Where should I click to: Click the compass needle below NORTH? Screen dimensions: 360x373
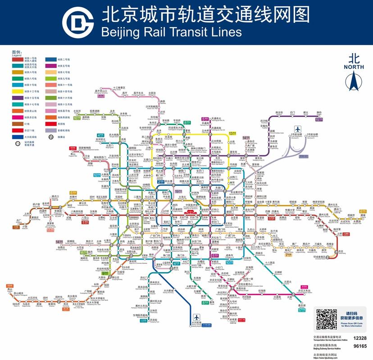(353, 81)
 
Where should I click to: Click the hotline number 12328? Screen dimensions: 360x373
(359, 338)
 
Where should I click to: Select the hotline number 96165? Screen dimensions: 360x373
(359, 346)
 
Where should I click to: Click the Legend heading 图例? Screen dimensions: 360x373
(16, 52)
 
